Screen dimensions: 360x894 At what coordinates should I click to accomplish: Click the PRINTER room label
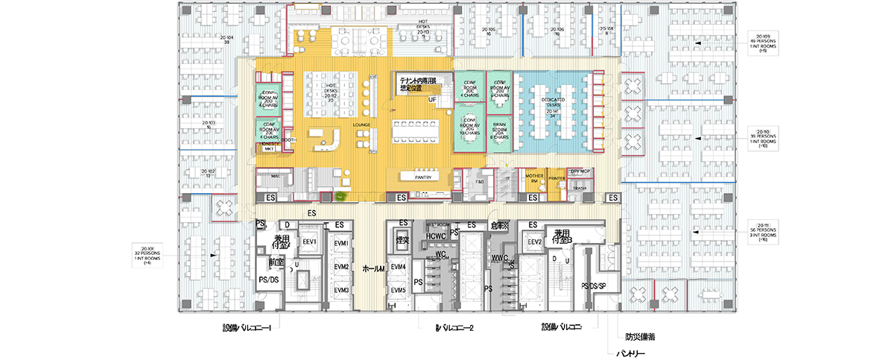click(x=557, y=179)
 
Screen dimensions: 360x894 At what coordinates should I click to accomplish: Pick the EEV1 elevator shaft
click(x=310, y=242)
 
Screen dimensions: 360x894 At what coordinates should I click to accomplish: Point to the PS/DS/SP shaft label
click(x=593, y=285)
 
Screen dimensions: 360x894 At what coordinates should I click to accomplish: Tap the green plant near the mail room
click(x=340, y=196)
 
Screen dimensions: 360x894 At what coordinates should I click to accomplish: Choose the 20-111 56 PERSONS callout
click(x=762, y=233)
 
